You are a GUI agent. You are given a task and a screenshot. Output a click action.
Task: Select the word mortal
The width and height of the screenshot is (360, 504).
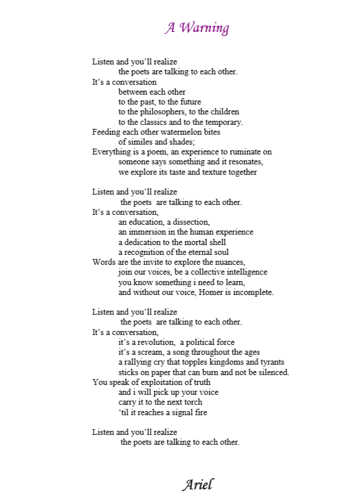tap(191, 242)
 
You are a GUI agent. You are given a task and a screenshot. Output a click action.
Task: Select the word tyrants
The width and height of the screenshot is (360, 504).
tap(272, 362)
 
